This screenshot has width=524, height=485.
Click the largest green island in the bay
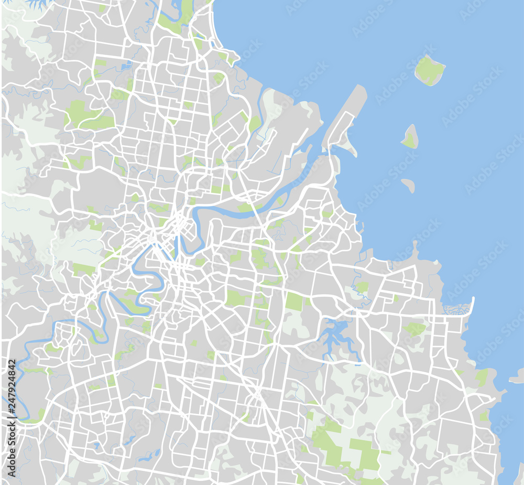pyautogui.click(x=430, y=70)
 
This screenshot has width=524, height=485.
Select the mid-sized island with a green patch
pyautogui.click(x=410, y=137)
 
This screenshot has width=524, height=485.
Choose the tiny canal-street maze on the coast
pyautogui.click(x=456, y=309)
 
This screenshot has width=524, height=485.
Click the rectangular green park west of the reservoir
pyautogui.click(x=294, y=301)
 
